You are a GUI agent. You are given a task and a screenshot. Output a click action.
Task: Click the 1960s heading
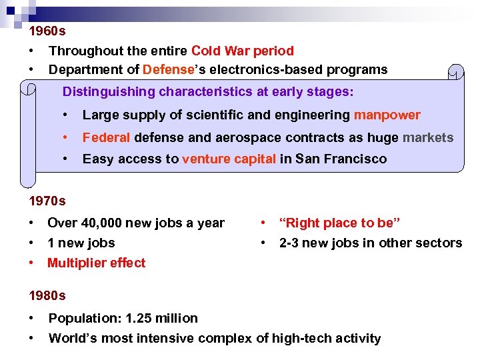point(47,31)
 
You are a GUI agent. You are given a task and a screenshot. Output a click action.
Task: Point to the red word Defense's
point(167,69)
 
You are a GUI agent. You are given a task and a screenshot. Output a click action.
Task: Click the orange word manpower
point(387,115)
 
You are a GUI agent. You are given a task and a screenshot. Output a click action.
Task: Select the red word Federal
point(106,137)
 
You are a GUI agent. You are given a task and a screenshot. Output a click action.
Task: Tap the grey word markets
point(428,137)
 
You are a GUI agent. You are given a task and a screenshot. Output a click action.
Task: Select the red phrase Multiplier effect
point(96,263)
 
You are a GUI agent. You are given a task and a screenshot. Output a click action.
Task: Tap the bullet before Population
point(32,318)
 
